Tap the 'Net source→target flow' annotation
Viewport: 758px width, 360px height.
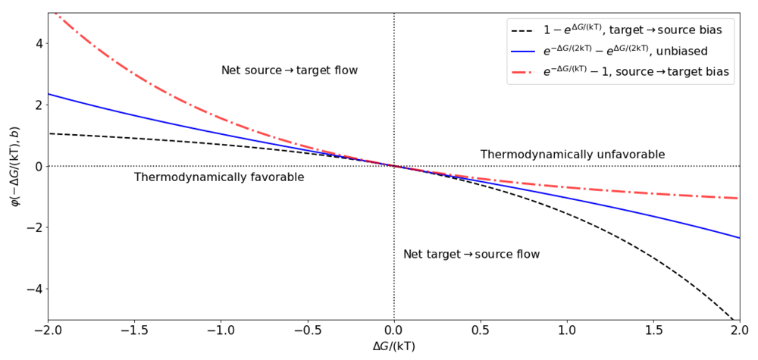pos(289,70)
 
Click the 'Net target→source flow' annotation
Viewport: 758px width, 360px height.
pos(471,254)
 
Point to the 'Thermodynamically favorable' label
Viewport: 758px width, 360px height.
pos(219,177)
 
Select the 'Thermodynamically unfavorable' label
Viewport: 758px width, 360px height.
pos(572,155)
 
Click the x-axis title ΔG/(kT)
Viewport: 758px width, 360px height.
pos(394,346)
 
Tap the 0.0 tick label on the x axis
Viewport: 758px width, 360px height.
pos(394,330)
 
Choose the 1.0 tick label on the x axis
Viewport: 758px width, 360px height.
pos(567,330)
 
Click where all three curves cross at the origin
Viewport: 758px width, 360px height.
pos(394,166)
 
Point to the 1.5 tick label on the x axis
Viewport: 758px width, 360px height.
pos(653,330)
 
